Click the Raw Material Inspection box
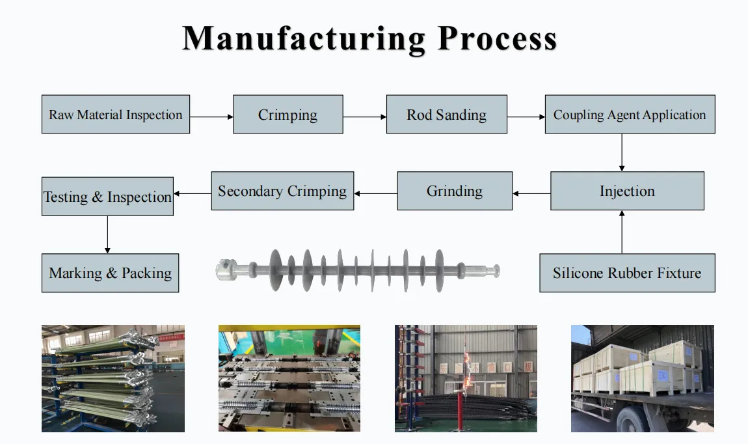point(116,114)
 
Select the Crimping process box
point(288,114)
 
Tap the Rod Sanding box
point(446,114)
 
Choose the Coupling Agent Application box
point(630,114)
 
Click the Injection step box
point(627,191)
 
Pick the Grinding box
point(455,191)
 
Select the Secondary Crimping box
point(282,191)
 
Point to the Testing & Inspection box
point(107,197)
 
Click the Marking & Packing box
point(110,273)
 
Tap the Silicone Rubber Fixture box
point(627,273)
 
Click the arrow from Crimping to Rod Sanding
point(365,117)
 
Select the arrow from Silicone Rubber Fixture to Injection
point(622,232)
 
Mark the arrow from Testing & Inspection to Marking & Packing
point(107,235)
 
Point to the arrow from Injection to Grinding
point(531,193)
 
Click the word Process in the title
point(497,38)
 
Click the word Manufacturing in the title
point(304,39)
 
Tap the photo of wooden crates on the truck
point(643,379)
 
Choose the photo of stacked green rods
point(113,379)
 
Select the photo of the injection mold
point(289,379)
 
